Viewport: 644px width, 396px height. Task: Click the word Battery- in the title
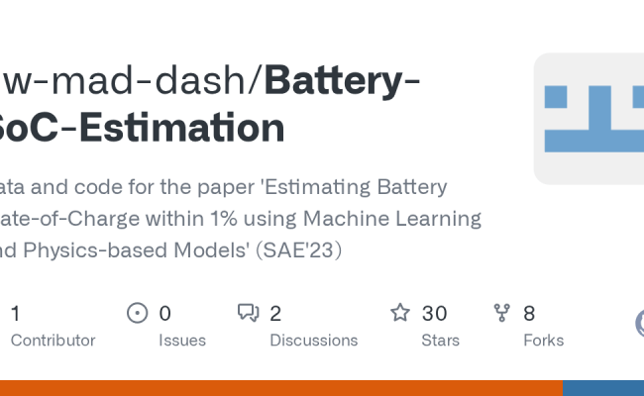tap(342, 80)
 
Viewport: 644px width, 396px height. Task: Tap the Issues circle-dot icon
tap(138, 314)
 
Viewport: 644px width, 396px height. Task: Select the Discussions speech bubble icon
tap(248, 314)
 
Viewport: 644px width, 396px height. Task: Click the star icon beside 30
tap(400, 314)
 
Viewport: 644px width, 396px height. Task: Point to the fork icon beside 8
tap(502, 314)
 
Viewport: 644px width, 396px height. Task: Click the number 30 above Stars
tap(434, 314)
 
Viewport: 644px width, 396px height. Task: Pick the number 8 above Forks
tap(529, 314)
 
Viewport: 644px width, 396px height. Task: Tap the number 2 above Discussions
tap(275, 314)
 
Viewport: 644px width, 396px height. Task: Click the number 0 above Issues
tap(164, 314)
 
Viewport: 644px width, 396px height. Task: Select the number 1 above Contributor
tap(15, 314)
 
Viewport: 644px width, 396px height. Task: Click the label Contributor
tap(53, 341)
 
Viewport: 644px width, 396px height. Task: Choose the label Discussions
tap(313, 341)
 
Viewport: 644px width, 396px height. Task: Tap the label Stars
tap(440, 341)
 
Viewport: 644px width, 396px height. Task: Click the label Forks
tap(543, 341)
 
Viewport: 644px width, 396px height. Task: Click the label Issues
tap(182, 341)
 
